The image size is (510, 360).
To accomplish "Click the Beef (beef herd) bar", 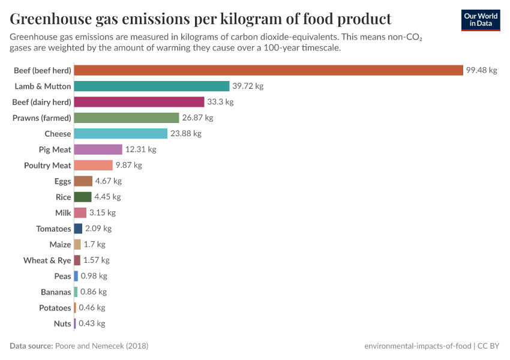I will (x=268, y=70).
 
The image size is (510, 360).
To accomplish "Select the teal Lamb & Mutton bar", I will (x=152, y=86).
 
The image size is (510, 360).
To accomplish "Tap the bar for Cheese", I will (x=121, y=134).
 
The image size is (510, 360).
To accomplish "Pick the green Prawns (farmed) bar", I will (x=127, y=118).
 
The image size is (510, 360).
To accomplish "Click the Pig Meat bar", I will (x=98, y=149).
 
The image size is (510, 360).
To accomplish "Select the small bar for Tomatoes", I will (x=78, y=229).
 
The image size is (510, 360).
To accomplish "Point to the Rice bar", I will (x=83, y=197).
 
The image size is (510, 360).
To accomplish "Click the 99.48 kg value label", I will (x=481, y=70).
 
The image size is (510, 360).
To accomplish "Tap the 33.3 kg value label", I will (x=220, y=102).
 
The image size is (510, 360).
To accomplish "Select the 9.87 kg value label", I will (x=128, y=165).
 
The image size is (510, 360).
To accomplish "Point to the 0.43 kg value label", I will (x=92, y=323).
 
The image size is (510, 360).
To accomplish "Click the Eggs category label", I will (x=62, y=181).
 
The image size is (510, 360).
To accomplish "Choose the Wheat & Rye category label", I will (x=47, y=260).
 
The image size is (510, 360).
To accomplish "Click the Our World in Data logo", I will (x=481, y=19).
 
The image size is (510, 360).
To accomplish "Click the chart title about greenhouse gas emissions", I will (x=200, y=19).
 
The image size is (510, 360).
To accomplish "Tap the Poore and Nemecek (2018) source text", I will (x=102, y=346).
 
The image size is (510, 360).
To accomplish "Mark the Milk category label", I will (x=63, y=212).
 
